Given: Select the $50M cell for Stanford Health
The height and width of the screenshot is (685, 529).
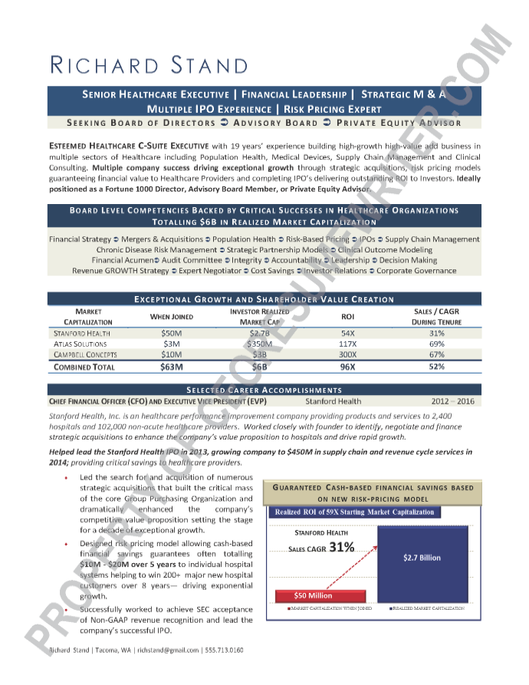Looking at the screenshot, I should coord(171,333).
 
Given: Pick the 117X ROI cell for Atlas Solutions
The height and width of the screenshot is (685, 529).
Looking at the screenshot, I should coord(347,344).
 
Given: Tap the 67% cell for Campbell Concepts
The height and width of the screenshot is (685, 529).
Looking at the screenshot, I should coord(436,354).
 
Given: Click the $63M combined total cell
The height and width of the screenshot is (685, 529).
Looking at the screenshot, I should coord(171,367).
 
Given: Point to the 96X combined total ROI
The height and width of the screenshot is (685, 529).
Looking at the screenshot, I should coord(347,367).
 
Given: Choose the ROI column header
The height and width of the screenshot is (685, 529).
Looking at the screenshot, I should coord(347,316).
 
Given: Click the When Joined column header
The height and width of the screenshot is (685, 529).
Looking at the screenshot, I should coord(171,316).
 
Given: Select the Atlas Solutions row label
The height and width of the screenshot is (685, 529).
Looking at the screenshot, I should coord(80,344).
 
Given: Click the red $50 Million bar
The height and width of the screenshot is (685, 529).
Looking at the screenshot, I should coord(313,595).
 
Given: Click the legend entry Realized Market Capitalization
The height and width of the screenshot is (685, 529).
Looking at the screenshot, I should coord(427,608).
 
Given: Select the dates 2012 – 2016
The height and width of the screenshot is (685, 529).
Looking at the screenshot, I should coord(452,401).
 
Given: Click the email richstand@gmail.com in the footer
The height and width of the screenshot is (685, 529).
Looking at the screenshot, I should coord(168,650).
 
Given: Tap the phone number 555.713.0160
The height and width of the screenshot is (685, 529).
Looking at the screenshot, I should coord(225,650).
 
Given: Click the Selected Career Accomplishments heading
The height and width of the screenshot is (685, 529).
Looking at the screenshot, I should coord(264,390).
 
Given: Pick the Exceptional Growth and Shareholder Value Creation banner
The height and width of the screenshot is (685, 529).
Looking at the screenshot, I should coord(264,299).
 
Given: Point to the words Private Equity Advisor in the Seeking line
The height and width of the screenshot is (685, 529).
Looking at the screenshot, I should coord(399,123).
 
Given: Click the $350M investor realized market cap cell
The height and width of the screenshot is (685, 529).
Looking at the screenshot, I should coord(258,344).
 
